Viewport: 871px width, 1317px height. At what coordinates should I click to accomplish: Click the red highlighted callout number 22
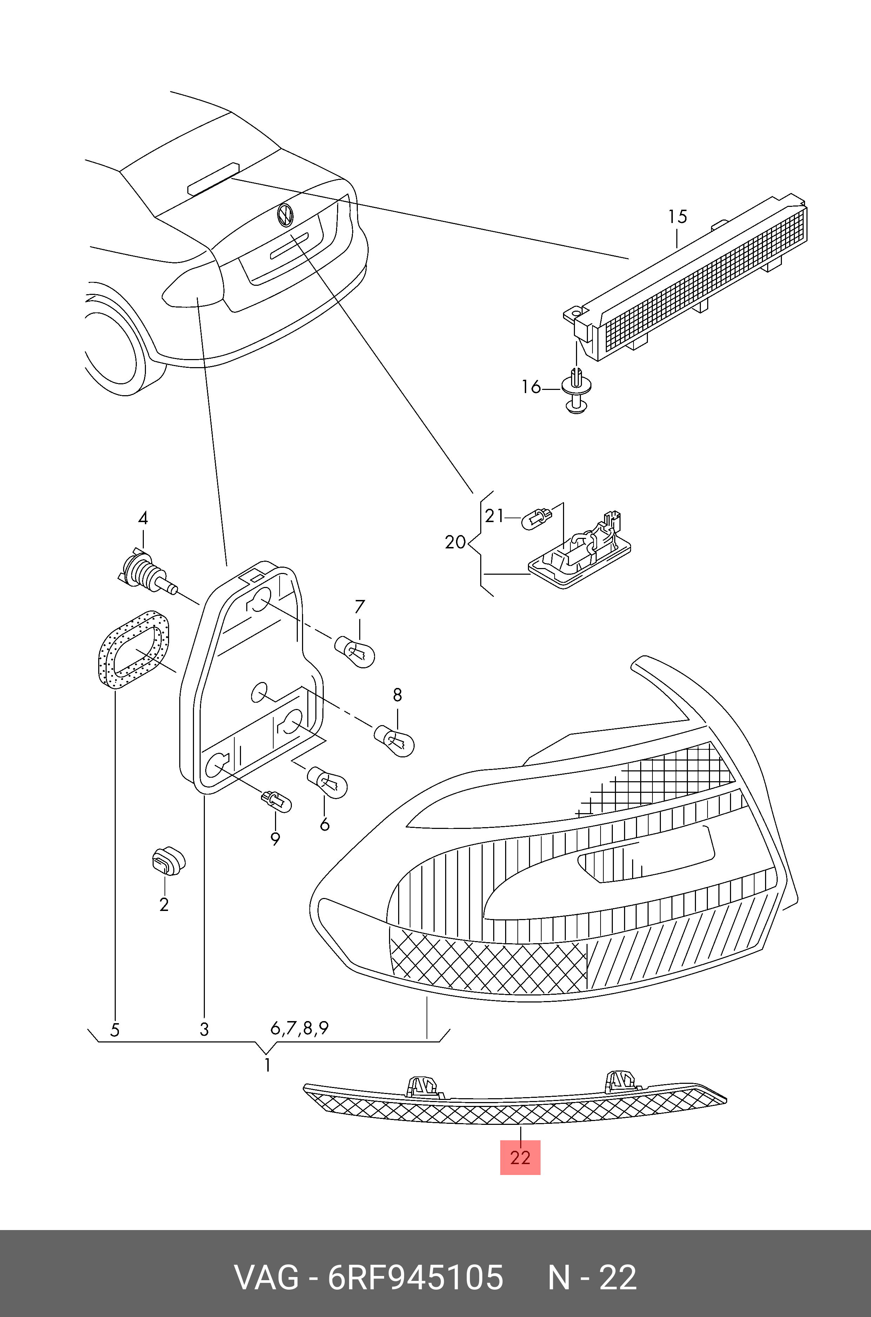pyautogui.click(x=520, y=1158)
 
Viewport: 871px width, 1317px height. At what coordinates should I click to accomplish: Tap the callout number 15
pyautogui.click(x=678, y=217)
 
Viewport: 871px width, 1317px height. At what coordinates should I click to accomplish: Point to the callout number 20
pyautogui.click(x=455, y=541)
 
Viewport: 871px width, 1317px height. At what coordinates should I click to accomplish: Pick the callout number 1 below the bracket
pyautogui.click(x=268, y=1065)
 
